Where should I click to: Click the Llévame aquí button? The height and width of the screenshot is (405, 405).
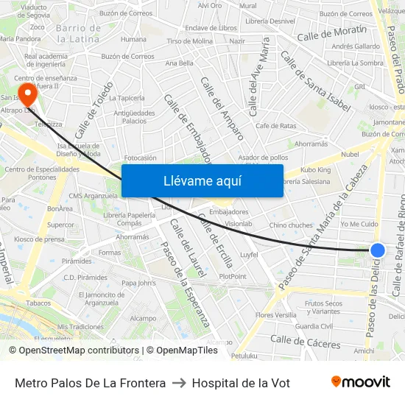202,181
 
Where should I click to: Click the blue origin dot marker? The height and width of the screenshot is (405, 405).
377,250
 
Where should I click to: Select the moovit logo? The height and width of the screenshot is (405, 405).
361,382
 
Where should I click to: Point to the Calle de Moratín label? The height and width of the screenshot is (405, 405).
331,34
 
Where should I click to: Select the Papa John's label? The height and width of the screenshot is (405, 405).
138,283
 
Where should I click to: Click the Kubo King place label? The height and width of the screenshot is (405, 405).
316,170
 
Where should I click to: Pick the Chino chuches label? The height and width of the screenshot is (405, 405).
291,225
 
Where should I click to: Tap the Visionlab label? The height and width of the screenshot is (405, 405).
239,224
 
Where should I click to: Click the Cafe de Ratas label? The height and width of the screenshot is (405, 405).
276,126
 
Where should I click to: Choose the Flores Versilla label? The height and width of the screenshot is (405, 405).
275,315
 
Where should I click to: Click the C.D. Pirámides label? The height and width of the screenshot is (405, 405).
85,278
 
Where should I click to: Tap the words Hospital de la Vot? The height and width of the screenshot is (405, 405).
241,383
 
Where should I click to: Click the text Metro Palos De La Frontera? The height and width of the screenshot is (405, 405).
90,383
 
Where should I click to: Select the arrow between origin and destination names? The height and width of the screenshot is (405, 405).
179,383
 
